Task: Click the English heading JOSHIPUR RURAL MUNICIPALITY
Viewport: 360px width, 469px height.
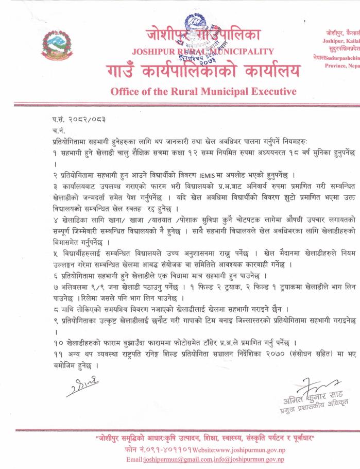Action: click(203, 51)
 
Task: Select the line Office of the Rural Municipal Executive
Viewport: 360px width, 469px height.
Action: click(203, 92)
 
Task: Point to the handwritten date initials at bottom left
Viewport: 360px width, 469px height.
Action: click(82, 385)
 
